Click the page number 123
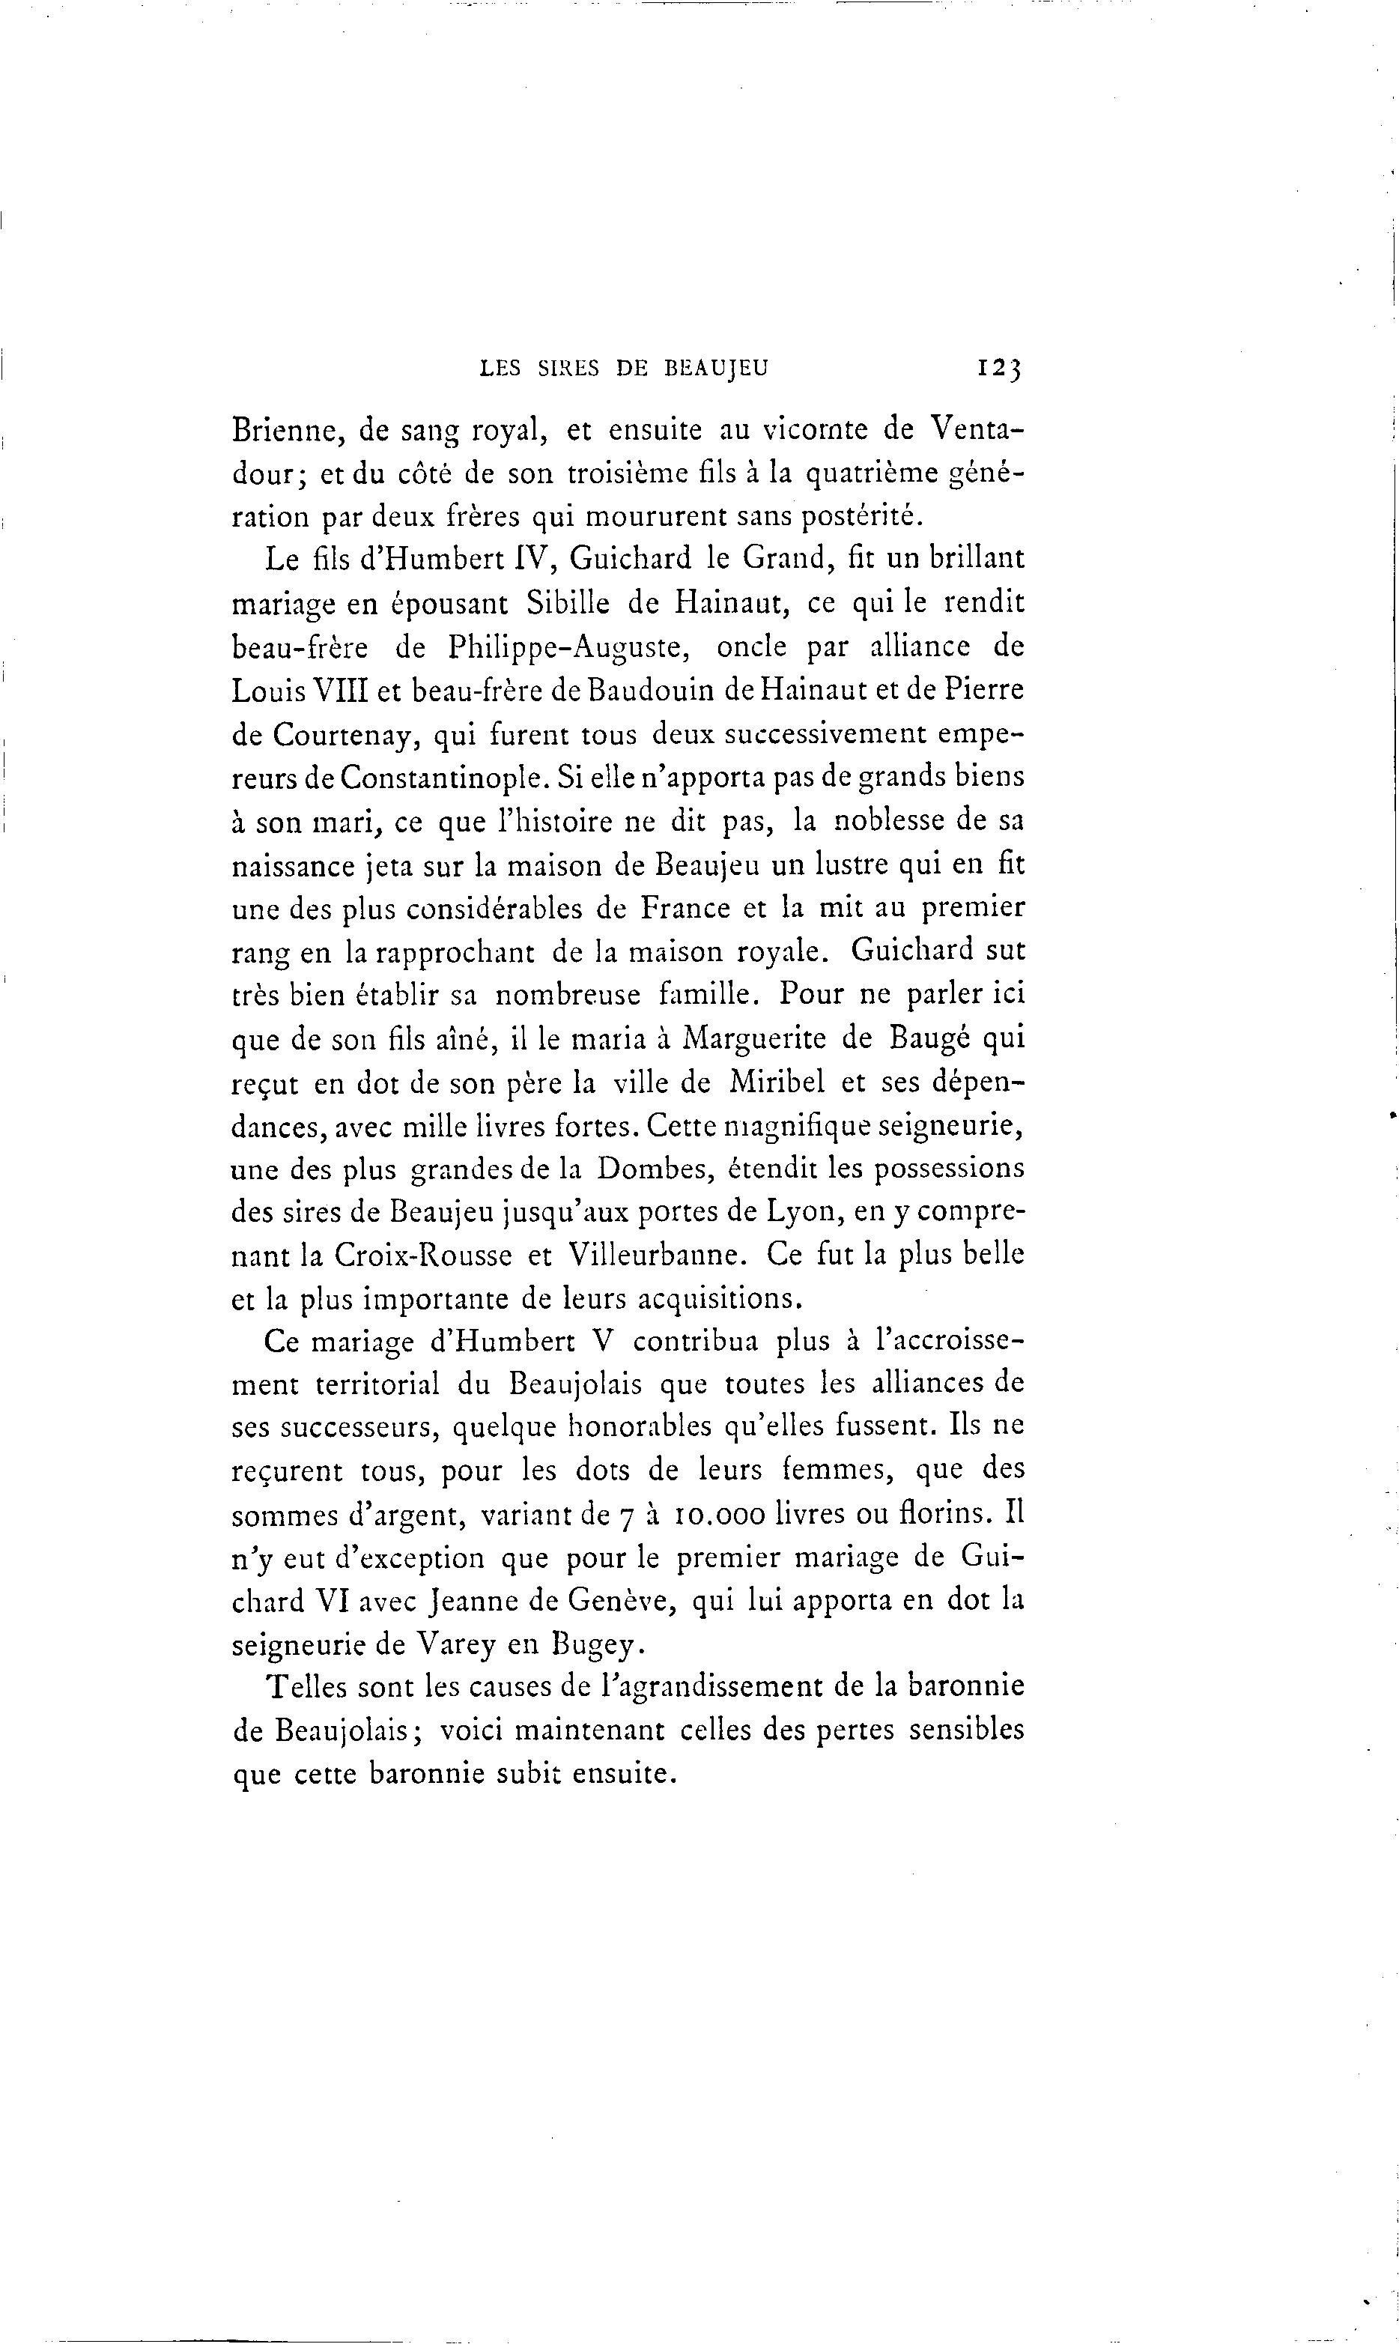coord(999,368)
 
